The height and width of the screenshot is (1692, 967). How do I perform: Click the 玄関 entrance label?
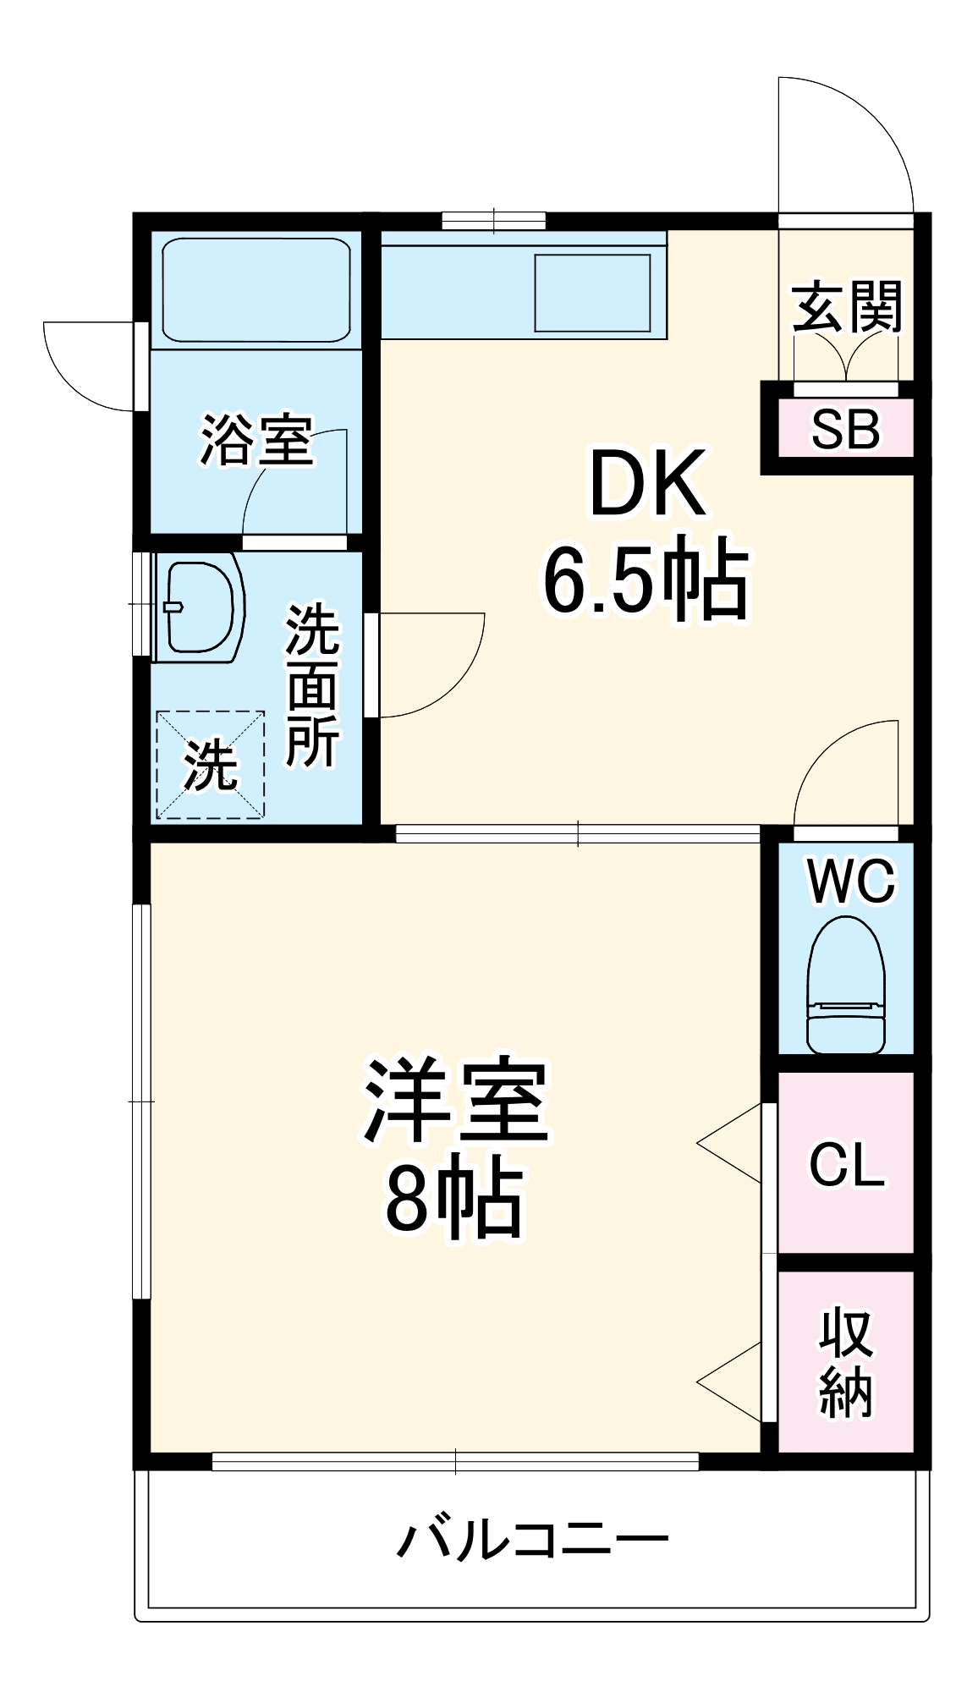point(847,306)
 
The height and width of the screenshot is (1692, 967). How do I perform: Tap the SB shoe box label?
point(845,429)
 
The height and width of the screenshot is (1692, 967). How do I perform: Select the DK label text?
point(647,485)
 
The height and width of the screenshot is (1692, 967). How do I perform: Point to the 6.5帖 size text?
point(646,581)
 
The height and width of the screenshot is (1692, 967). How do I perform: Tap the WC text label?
point(850,882)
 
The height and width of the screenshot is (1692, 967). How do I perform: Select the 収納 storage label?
point(845,1362)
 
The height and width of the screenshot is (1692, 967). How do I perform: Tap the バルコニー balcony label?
point(533,1539)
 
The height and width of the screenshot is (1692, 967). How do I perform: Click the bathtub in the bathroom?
point(256,290)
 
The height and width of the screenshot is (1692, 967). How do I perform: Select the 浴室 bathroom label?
point(256,440)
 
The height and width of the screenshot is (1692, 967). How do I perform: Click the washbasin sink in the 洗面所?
point(200,606)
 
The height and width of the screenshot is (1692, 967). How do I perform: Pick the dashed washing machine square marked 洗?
point(210,765)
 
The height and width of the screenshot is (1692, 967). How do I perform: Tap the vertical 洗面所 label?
point(312,685)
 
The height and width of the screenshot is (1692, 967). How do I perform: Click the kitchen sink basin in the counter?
point(593,293)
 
